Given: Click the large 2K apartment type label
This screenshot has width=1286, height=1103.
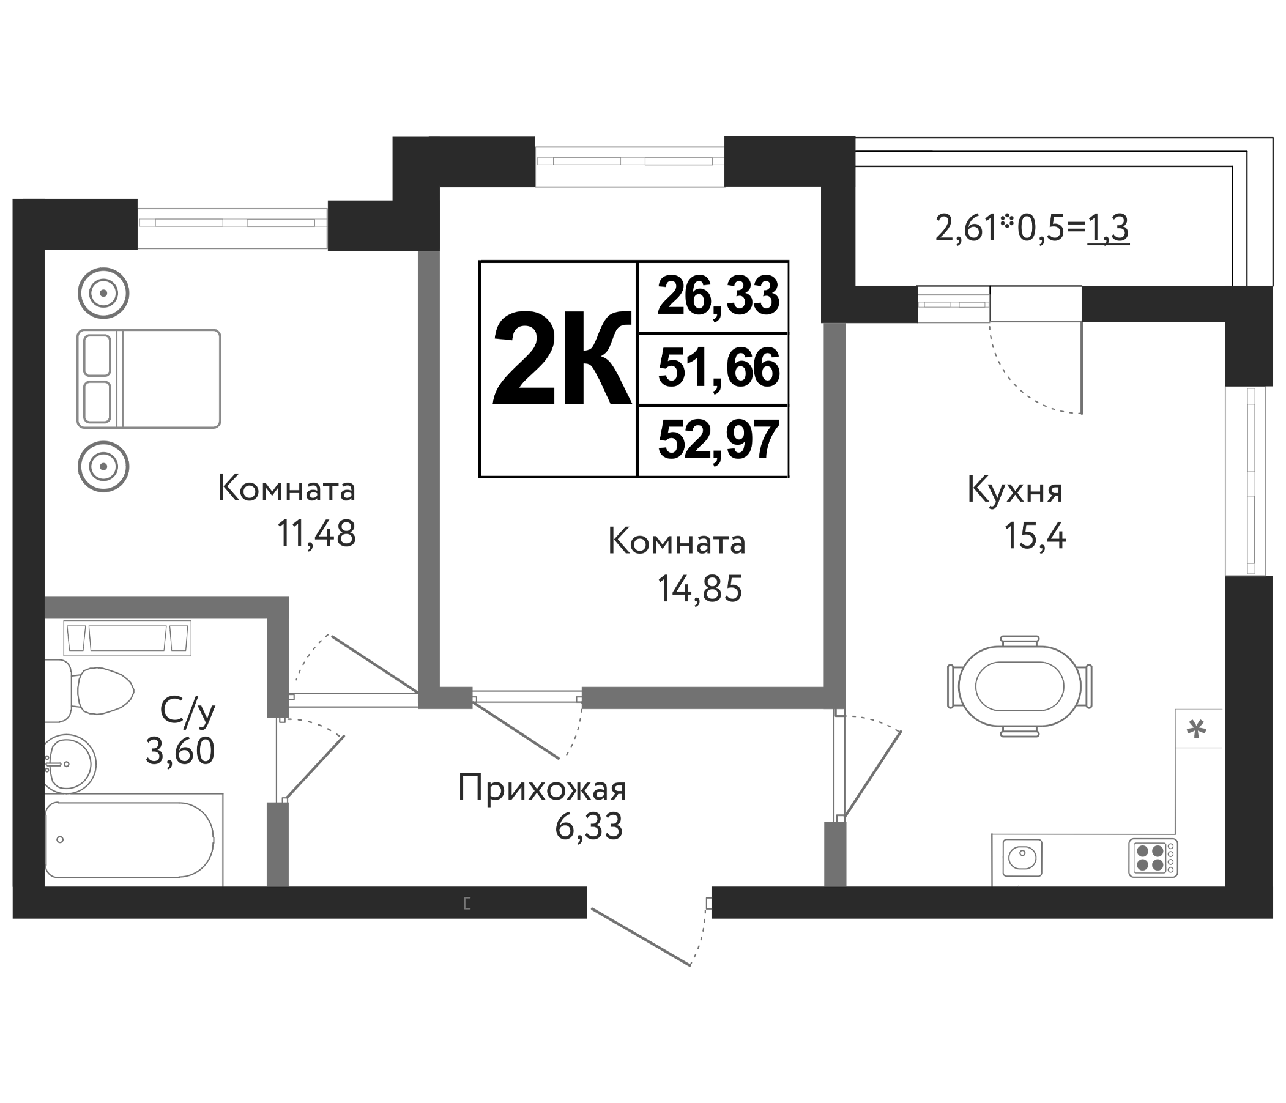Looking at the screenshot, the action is tap(562, 359).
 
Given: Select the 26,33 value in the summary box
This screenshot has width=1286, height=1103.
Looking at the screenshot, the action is tap(718, 297).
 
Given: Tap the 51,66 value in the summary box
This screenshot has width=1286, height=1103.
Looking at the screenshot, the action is tap(718, 368).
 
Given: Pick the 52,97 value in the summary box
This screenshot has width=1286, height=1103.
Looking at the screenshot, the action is tap(718, 439).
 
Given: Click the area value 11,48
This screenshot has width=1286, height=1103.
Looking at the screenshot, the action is tap(316, 533).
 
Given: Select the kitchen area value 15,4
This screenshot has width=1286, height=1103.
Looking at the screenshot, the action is tap(1035, 537).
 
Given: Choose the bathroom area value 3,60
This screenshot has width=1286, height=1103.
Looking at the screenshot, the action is tap(180, 752).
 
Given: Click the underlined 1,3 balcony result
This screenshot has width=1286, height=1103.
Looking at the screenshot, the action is tap(1108, 228).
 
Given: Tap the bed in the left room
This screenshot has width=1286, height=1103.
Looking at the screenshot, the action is tap(149, 379).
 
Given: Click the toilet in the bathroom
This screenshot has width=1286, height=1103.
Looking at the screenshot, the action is tap(90, 690).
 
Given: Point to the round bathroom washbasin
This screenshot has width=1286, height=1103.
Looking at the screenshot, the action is tap(70, 763).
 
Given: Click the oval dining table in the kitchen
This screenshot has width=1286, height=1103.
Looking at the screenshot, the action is tap(1020, 686).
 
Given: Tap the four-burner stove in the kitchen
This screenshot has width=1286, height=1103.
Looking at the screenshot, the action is tap(1153, 858).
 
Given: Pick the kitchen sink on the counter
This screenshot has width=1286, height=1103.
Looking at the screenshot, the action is tap(1022, 858).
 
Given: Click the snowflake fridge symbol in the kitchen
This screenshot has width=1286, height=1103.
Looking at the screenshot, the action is tap(1197, 729).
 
